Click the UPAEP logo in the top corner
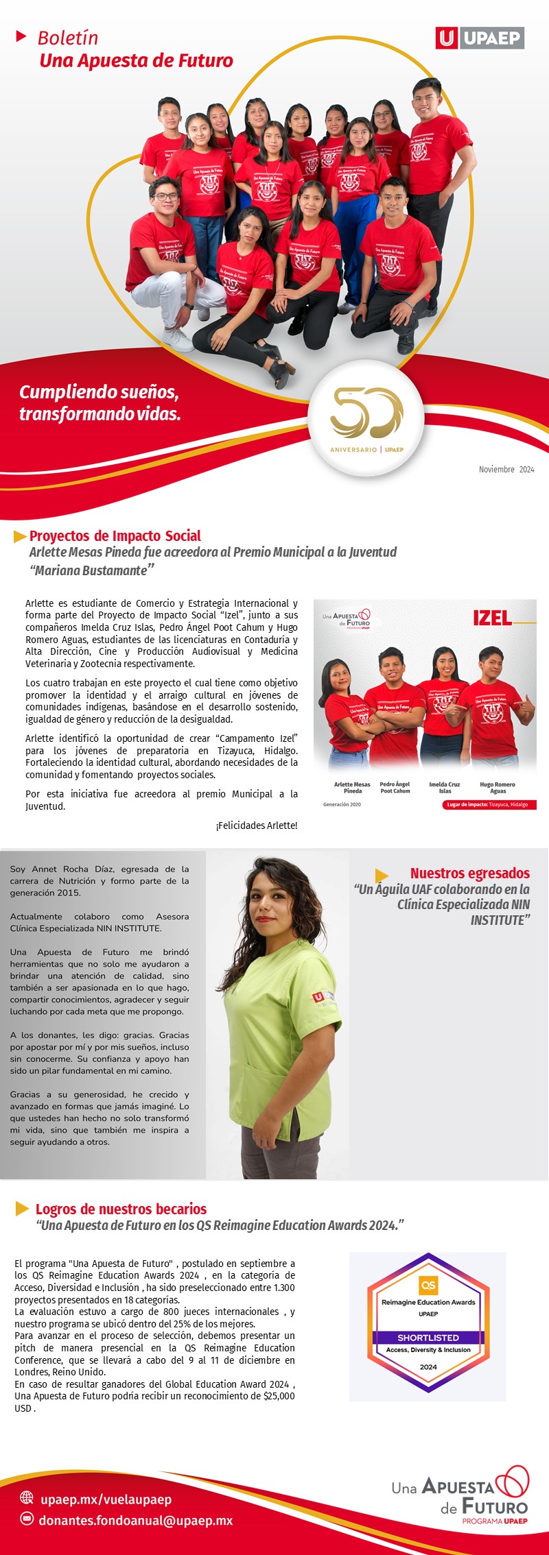pos(480,38)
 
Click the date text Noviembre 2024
pos(506,470)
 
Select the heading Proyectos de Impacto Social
pos(115,535)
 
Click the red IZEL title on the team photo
pos(492,618)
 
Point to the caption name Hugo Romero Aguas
pos(497,788)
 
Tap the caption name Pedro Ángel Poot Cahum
pos(395,788)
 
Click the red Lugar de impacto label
pos(488,805)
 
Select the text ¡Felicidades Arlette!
pos(256,825)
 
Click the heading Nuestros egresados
pos(469,873)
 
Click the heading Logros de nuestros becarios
pos(121,1209)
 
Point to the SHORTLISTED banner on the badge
pos(428,1337)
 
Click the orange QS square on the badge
pos(428,1285)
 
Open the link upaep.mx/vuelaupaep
pos(106,1499)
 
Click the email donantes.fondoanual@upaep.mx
pos(135,1520)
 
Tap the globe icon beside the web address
pos(27,1497)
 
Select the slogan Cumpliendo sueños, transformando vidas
pos(100,402)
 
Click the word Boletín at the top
pos(67,38)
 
